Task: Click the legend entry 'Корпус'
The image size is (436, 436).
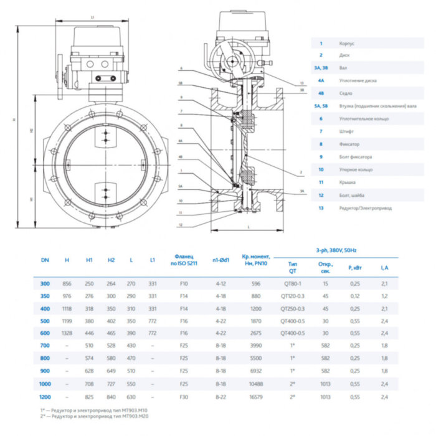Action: (x=347, y=44)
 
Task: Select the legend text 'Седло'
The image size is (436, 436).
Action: (x=346, y=93)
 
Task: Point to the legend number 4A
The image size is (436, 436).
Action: (x=321, y=80)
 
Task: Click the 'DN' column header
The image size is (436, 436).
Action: (x=45, y=260)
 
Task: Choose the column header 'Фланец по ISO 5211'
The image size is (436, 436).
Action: (x=184, y=260)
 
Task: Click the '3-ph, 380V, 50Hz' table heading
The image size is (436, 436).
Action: (x=339, y=249)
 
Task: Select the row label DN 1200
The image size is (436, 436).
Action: (x=45, y=396)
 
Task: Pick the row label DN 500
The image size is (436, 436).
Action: (x=45, y=321)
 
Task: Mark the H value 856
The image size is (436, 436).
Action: (x=67, y=283)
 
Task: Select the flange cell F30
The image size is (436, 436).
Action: (x=184, y=396)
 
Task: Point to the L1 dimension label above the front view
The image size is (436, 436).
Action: (x=92, y=17)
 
